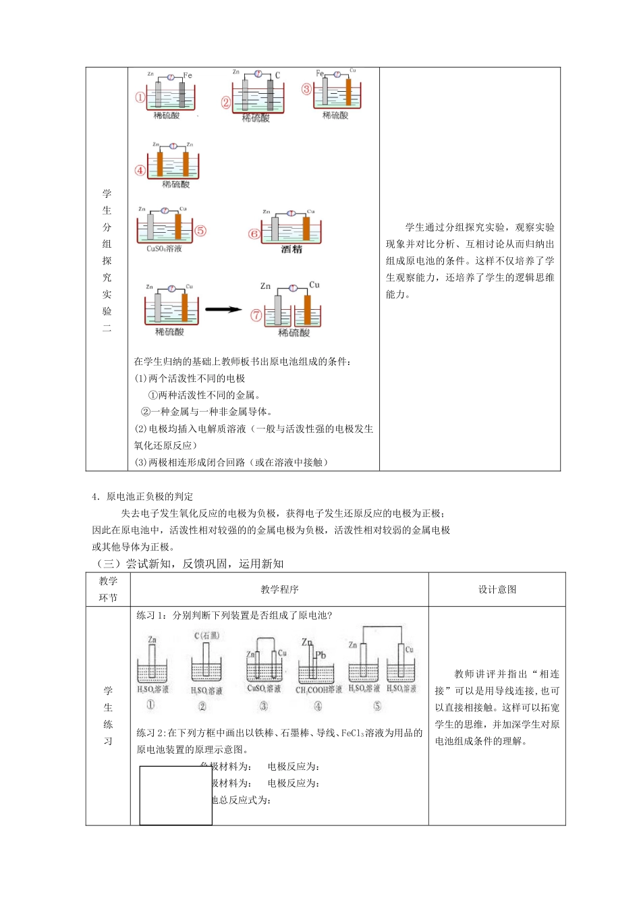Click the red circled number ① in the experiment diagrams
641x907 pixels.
coord(140,97)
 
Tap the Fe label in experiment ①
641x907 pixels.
coord(188,75)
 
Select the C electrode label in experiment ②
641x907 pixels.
coord(277,76)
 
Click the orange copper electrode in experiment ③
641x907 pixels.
coord(349,92)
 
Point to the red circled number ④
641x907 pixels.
coord(140,170)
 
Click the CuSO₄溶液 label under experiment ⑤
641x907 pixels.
coord(164,248)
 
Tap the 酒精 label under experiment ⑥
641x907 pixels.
coord(291,249)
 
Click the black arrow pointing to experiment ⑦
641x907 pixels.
coord(223,310)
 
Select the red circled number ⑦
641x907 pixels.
coord(256,315)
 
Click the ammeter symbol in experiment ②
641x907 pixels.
coord(258,74)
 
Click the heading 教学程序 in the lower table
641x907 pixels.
coord(279,589)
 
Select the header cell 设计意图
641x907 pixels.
coord(497,589)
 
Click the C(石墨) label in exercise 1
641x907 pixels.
coord(206,635)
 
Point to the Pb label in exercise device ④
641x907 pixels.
coord(320,655)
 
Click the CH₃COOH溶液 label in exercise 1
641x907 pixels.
coord(318,689)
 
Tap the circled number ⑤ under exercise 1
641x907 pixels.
coord(377,705)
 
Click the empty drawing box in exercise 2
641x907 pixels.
coord(175,795)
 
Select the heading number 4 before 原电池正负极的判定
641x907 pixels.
coord(95,497)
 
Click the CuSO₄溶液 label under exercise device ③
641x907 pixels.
coord(263,688)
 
